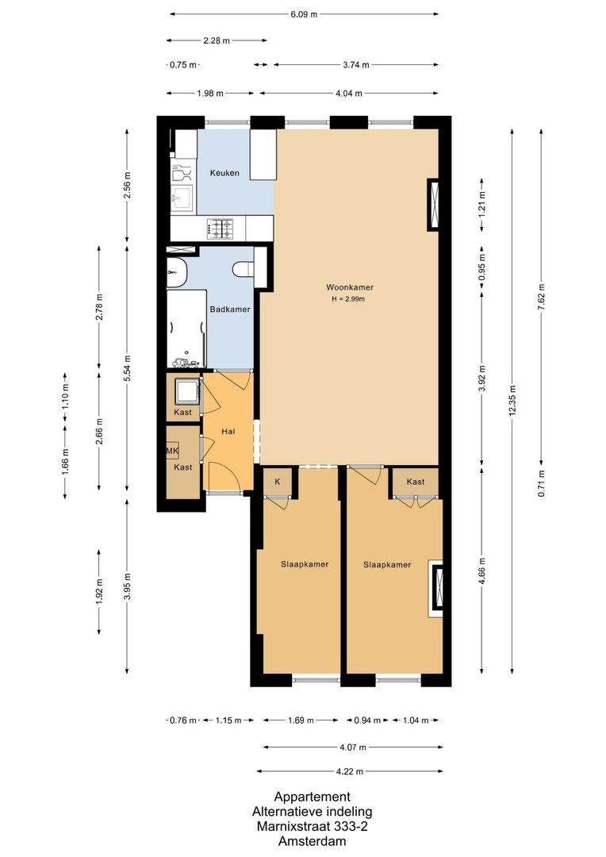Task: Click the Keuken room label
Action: click(224, 173)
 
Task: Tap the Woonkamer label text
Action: click(350, 287)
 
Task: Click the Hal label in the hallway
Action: click(228, 432)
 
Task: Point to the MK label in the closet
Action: click(172, 452)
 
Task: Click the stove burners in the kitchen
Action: click(221, 229)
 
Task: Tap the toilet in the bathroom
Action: click(243, 271)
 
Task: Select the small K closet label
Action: click(278, 482)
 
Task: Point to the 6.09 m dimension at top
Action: click(303, 14)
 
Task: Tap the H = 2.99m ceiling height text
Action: click(349, 299)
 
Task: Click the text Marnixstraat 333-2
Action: click(311, 827)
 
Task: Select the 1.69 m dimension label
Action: click(300, 721)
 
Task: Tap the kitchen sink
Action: click(181, 199)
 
